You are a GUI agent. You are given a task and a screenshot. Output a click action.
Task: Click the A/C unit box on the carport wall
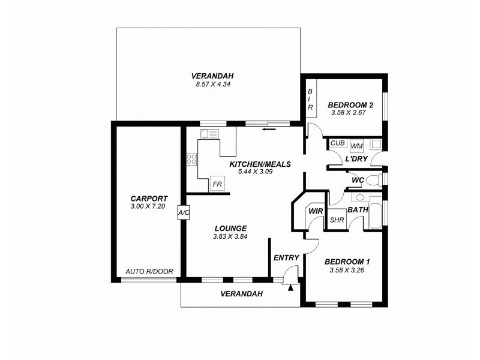(x=183, y=213)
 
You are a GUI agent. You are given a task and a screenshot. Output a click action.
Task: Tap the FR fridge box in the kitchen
(x=216, y=184)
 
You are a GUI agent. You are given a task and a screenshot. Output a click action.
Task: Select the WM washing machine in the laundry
(x=356, y=145)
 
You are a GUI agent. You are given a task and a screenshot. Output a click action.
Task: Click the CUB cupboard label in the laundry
(x=337, y=143)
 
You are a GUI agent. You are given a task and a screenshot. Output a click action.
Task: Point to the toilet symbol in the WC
(x=373, y=179)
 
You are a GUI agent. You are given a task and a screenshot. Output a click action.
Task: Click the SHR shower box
(x=337, y=220)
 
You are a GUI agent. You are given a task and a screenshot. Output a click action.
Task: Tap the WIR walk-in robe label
(x=315, y=211)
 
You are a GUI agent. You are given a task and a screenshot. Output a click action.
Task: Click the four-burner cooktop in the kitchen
(x=192, y=159)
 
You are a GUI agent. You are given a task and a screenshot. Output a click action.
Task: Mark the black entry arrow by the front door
(x=292, y=288)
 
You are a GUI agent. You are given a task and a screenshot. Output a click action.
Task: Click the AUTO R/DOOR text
(x=149, y=272)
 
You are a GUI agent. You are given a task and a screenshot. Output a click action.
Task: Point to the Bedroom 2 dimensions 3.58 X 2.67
(x=350, y=112)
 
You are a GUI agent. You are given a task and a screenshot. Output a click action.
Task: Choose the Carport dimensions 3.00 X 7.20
(x=149, y=207)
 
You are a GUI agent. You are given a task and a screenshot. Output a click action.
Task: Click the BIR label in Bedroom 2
(x=310, y=99)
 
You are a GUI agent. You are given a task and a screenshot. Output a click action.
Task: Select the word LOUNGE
(x=230, y=228)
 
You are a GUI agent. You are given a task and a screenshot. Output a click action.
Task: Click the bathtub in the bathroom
(x=374, y=217)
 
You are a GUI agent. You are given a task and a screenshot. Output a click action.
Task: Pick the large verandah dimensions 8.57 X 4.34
(x=212, y=84)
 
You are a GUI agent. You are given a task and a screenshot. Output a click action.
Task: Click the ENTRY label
(x=286, y=258)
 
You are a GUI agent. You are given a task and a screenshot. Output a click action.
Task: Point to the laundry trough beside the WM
(x=376, y=144)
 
